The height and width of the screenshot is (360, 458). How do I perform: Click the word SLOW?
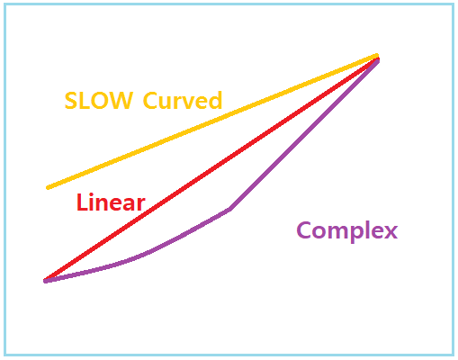[x=98, y=101]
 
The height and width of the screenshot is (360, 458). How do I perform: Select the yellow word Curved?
[x=183, y=100]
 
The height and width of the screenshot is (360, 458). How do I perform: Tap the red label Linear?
[x=111, y=202]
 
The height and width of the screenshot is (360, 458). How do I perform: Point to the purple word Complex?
[x=347, y=231]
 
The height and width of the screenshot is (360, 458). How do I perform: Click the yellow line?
[x=212, y=121]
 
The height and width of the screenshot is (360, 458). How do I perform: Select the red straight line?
[x=211, y=169]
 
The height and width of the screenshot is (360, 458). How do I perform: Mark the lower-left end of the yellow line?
[x=48, y=188]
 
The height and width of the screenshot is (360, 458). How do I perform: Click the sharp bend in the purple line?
[x=229, y=210]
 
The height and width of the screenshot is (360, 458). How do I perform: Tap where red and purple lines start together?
[x=46, y=281]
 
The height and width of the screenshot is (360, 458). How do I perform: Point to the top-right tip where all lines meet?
[x=377, y=57]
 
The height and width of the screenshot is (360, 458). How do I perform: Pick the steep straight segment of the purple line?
[x=304, y=135]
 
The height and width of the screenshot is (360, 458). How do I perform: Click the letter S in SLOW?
[x=71, y=101]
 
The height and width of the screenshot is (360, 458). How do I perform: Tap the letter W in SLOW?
[x=121, y=101]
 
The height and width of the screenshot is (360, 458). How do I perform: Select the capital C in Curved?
[x=150, y=101]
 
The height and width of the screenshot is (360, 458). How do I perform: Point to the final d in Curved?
[x=215, y=100]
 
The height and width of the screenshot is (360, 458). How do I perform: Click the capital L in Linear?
[x=82, y=202]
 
